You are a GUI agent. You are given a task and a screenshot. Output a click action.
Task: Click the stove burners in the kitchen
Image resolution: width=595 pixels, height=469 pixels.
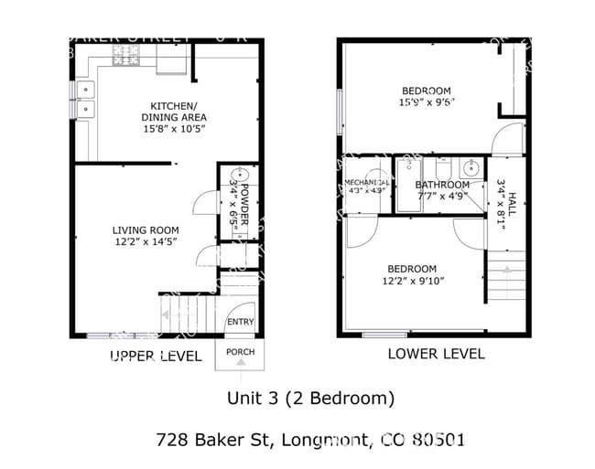pyautogui.click(x=124, y=59)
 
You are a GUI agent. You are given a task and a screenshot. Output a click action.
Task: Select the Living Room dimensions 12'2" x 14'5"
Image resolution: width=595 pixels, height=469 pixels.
pyautogui.click(x=145, y=242)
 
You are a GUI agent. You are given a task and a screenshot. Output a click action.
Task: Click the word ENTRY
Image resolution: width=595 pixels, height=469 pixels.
pyautogui.click(x=240, y=321)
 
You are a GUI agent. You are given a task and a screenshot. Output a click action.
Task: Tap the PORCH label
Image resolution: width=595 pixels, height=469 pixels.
pyautogui.click(x=240, y=353)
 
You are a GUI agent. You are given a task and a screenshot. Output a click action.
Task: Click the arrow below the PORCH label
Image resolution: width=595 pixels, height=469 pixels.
pyautogui.click(x=240, y=364)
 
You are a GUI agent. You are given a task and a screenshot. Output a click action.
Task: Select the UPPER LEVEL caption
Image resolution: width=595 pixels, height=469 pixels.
pyautogui.click(x=155, y=357)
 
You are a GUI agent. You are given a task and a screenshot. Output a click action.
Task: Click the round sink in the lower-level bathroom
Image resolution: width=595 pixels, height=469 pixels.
pyautogui.click(x=473, y=168)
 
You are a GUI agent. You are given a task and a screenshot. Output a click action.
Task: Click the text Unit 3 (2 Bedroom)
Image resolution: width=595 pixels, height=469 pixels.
pyautogui.click(x=310, y=399)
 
